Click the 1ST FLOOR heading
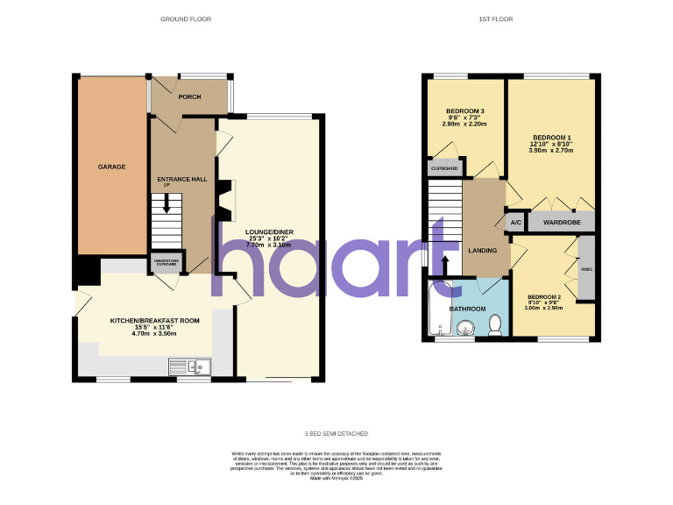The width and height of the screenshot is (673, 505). pyautogui.click(x=496, y=18)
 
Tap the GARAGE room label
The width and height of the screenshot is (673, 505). pyautogui.click(x=111, y=167)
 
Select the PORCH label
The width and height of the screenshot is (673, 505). pyautogui.click(x=189, y=96)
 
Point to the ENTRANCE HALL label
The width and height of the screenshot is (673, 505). pyautogui.click(x=181, y=179)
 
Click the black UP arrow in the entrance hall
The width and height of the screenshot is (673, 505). pyautogui.click(x=166, y=201)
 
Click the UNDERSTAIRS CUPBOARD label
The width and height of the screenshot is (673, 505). pyautogui.click(x=166, y=261)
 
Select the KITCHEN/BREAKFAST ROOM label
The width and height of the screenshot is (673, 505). pyautogui.click(x=154, y=321)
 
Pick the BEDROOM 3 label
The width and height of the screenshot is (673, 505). pyautogui.click(x=465, y=111)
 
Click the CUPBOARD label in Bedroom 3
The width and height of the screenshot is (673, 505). pyautogui.click(x=444, y=167)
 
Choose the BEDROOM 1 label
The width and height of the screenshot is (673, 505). pyautogui.click(x=552, y=138)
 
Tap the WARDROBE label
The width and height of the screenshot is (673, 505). pyautogui.click(x=561, y=223)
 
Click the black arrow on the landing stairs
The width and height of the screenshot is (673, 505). pyautogui.click(x=443, y=262)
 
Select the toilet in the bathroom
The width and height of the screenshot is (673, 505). pyautogui.click(x=495, y=325)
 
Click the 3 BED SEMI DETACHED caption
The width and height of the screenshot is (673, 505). pyautogui.click(x=336, y=434)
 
